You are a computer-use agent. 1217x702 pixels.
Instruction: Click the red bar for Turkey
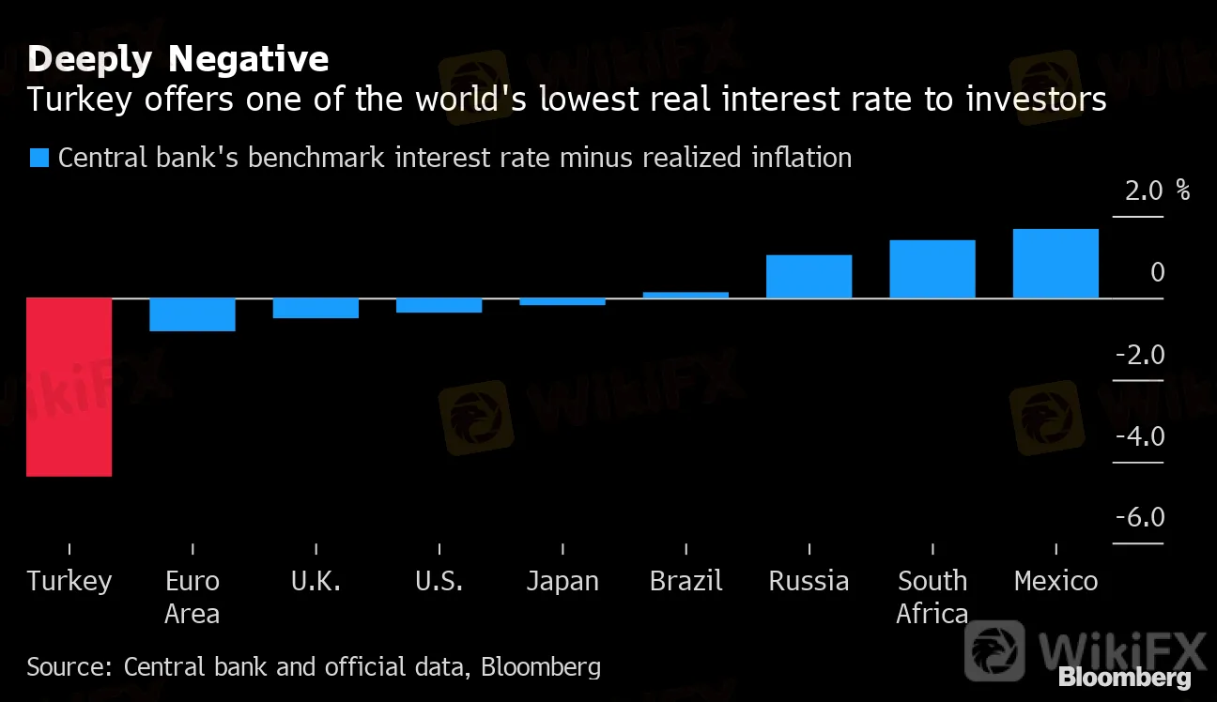[69, 387]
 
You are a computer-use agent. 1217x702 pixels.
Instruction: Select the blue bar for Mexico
[1055, 264]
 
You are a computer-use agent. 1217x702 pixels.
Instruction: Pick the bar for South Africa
[932, 269]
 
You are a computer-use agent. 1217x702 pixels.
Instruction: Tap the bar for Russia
[809, 277]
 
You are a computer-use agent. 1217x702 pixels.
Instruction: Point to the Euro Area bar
[192, 314]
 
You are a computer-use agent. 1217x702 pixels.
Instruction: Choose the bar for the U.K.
[316, 308]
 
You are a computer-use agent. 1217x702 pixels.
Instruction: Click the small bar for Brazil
[686, 295]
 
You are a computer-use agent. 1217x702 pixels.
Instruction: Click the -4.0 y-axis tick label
[1139, 437]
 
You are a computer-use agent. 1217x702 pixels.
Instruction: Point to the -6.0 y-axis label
[1139, 519]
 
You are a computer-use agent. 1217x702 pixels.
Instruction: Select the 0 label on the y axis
[1157, 273]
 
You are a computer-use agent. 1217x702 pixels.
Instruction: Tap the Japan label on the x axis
[562, 582]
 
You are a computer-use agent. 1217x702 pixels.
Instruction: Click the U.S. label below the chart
[439, 582]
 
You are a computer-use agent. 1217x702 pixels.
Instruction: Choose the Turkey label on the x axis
[69, 582]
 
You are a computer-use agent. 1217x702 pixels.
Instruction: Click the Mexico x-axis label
[1055, 582]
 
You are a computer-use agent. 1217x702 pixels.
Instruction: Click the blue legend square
[39, 158]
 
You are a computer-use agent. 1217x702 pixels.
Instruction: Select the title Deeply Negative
[177, 60]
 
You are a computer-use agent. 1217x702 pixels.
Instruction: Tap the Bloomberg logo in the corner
[1124, 677]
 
